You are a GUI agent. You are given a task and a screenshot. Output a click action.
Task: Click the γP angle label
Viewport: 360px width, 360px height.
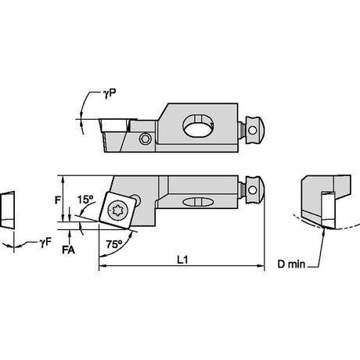tap(110, 93)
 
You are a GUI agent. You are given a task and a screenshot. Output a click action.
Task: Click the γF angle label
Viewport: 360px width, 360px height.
tap(45, 243)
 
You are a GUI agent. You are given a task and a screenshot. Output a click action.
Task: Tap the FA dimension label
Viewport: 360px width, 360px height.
tap(68, 250)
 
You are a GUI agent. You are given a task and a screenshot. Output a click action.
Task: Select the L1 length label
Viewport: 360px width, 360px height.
tap(182, 260)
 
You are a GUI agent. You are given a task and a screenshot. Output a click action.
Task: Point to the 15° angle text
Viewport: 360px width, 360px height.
tap(85, 200)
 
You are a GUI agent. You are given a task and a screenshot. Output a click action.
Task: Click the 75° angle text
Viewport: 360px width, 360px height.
tap(114, 244)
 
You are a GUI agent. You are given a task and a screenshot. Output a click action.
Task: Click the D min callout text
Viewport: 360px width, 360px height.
tap(291, 265)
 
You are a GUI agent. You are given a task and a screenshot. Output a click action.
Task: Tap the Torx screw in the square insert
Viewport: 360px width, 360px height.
tap(117, 210)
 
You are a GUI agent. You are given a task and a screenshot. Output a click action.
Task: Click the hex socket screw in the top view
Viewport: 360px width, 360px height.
tap(145, 139)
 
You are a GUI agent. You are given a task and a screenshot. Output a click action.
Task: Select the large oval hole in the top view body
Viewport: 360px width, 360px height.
tap(198, 126)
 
